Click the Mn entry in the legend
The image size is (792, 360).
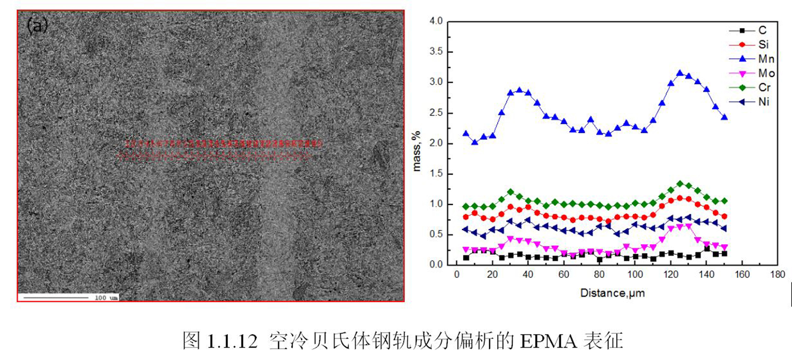pyautogui.click(x=766, y=59)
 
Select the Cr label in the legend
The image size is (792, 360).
pyautogui.click(x=765, y=87)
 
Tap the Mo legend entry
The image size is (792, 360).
pyautogui.click(x=766, y=73)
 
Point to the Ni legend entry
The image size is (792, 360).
pyautogui.click(x=764, y=102)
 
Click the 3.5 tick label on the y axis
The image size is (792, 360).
pyautogui.click(x=436, y=52)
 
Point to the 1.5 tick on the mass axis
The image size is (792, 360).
pyautogui.click(x=436, y=174)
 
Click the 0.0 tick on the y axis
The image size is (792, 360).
pyautogui.click(x=436, y=265)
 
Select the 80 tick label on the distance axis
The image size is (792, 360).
pyautogui.click(x=599, y=275)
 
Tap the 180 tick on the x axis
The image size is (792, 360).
pyautogui.click(x=777, y=275)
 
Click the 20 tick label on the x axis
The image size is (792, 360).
pyautogui.click(x=492, y=275)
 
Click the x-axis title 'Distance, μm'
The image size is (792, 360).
pyautogui.click(x=612, y=293)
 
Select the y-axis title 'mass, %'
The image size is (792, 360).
pyautogui.click(x=416, y=151)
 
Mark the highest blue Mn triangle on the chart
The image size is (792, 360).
pyautogui.click(x=680, y=73)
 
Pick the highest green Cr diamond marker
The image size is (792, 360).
pyautogui.click(x=680, y=184)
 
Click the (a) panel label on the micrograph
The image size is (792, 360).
pyautogui.click(x=37, y=26)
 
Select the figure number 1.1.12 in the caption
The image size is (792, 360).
pyautogui.click(x=232, y=341)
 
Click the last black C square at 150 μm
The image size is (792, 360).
pyautogui.click(x=724, y=254)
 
